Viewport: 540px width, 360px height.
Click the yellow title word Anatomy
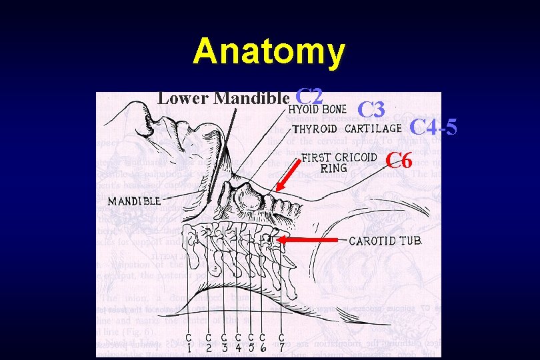click(269, 51)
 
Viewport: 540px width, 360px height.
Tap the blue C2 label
click(309, 97)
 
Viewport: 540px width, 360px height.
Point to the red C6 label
click(400, 160)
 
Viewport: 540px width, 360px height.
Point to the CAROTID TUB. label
click(385, 241)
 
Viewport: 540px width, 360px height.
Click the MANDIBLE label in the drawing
click(134, 200)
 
